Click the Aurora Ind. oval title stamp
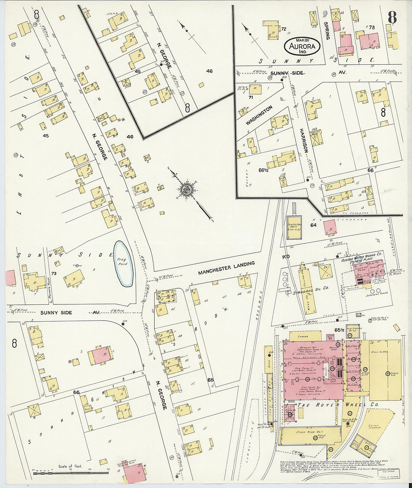tap(302, 46)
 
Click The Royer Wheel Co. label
tap(337, 405)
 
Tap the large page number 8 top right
tap(392, 17)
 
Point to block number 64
tap(313, 225)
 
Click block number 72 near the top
tap(284, 29)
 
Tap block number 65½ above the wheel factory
tap(339, 330)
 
